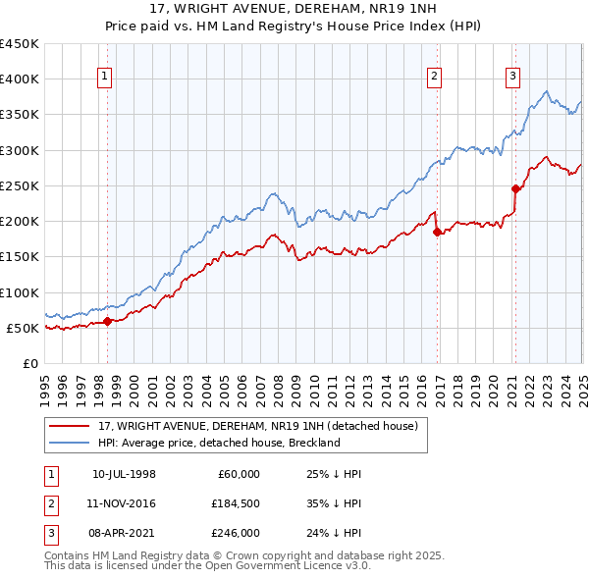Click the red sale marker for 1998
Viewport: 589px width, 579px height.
click(107, 321)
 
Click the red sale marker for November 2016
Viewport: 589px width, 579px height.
click(437, 233)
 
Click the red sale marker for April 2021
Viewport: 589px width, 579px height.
click(515, 188)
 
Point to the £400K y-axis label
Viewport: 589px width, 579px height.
click(19, 79)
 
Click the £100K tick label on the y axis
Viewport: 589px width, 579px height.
click(19, 292)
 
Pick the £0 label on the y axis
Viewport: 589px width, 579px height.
click(30, 363)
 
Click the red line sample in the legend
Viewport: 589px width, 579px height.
click(68, 426)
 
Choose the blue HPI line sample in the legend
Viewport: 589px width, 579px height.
click(68, 443)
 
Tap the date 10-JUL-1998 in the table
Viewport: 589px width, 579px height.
click(124, 474)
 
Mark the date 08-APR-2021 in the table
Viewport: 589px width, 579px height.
click(124, 533)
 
